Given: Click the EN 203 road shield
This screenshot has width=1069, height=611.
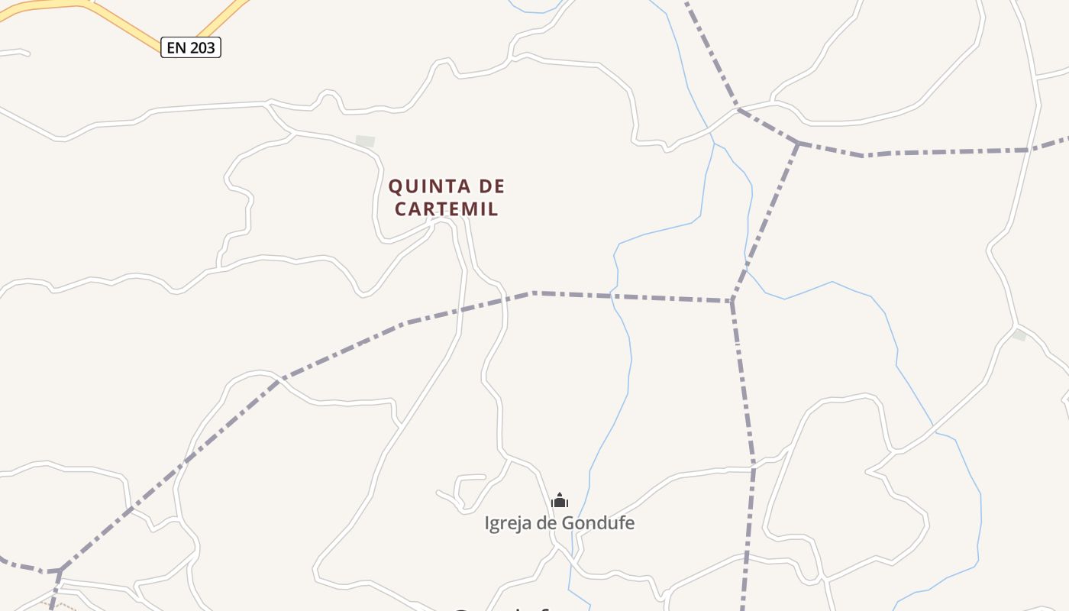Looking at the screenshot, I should tap(191, 47).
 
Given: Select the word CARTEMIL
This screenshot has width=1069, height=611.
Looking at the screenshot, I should tap(447, 209).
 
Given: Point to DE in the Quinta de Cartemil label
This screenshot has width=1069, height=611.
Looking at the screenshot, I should tap(491, 186).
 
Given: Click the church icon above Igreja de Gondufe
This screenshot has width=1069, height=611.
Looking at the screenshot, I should tap(560, 501).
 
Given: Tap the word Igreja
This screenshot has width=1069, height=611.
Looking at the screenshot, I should tap(510, 523).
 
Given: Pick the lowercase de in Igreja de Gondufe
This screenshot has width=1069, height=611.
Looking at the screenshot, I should tap(548, 523).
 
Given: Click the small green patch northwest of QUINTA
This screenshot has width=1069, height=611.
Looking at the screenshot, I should tap(366, 141).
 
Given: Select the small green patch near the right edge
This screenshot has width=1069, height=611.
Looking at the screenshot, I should tap(1019, 335).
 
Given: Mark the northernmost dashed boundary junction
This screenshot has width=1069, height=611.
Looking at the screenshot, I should tap(798, 143).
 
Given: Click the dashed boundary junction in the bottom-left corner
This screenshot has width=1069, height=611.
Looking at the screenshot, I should tap(59, 570).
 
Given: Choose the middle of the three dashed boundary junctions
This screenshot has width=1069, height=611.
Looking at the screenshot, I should tap(732, 301).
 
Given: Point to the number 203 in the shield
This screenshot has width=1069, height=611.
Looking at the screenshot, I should tap(202, 47).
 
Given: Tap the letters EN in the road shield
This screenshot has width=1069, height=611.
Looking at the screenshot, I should tap(176, 47).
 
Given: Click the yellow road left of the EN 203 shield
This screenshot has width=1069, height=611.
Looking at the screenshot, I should tap(115, 19).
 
